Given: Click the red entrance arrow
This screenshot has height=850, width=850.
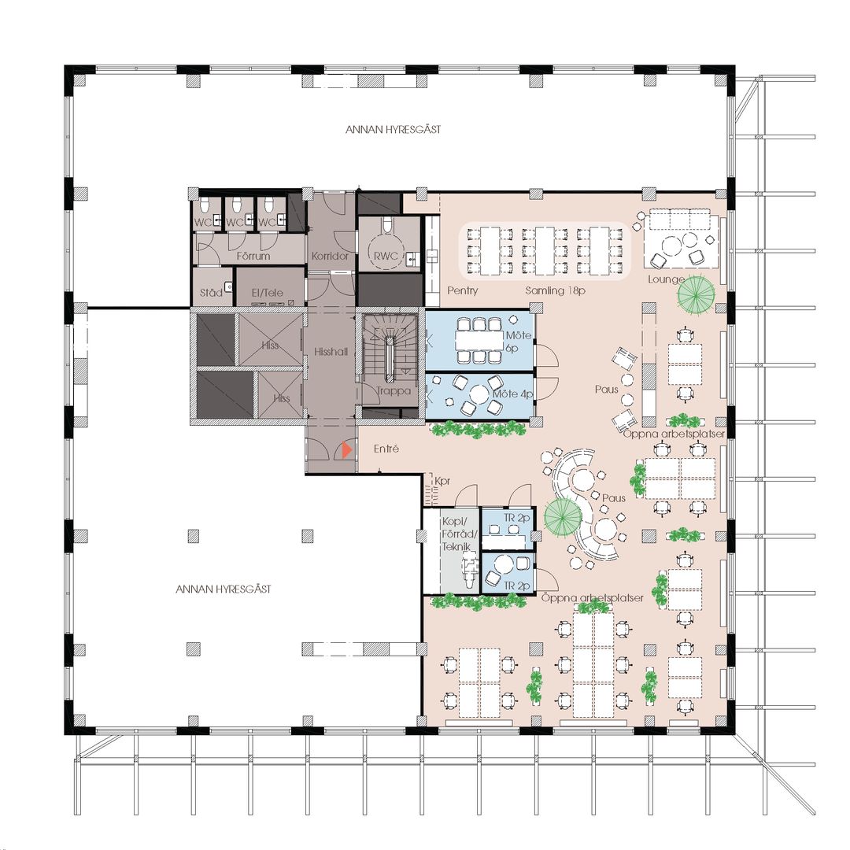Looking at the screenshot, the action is point(347,450).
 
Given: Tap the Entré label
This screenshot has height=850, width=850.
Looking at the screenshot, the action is point(386,449).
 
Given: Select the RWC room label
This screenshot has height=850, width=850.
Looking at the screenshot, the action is point(386,257).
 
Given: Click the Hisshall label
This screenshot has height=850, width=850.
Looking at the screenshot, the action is point(331,352).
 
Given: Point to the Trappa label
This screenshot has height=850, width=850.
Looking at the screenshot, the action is point(394,391).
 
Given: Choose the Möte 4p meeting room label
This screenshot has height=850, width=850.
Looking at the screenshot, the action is point(513,394).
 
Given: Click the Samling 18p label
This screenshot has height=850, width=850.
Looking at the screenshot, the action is point(555,290).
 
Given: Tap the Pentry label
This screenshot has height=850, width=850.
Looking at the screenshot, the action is point(463,290).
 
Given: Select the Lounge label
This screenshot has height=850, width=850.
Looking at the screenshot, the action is point(667,279).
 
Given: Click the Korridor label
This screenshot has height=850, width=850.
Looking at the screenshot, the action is point(330,256).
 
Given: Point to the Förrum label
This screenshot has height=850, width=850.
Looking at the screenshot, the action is point(253,256).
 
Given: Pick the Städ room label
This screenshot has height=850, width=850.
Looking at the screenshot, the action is point(211,293).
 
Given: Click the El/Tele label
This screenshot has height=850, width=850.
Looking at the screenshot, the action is point(268,293).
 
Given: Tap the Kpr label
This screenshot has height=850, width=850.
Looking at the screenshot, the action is point(442,481).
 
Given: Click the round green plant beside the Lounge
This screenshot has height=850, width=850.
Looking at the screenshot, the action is point(696,294).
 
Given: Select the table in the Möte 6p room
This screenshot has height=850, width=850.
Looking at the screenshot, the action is point(480,341).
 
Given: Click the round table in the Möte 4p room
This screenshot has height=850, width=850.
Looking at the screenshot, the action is point(479,394).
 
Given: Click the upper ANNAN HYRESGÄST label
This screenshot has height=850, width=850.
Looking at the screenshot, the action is point(393,130).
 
